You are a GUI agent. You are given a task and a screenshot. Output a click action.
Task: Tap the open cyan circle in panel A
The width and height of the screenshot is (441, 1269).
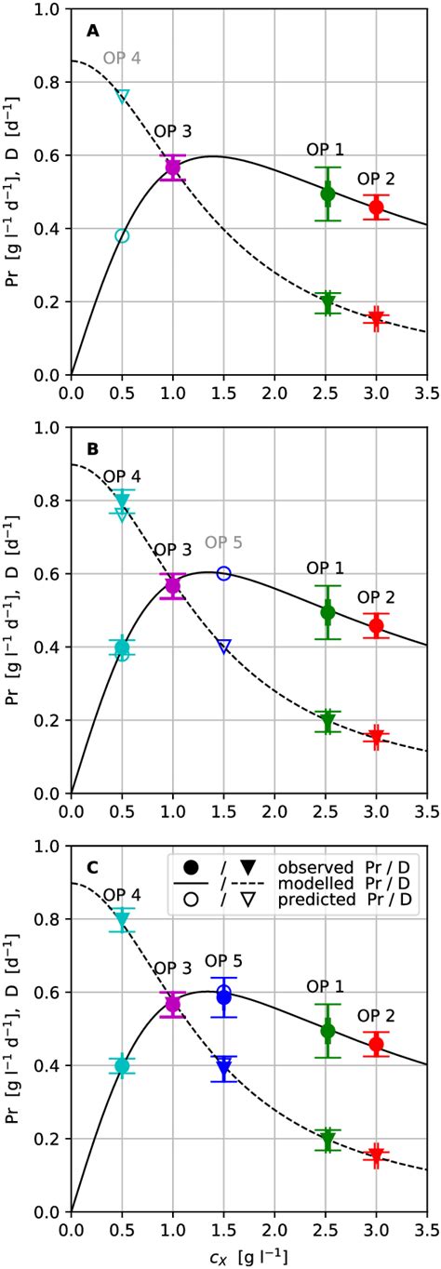122,235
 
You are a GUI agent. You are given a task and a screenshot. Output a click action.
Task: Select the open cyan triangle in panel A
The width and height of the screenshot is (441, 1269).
122,96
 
